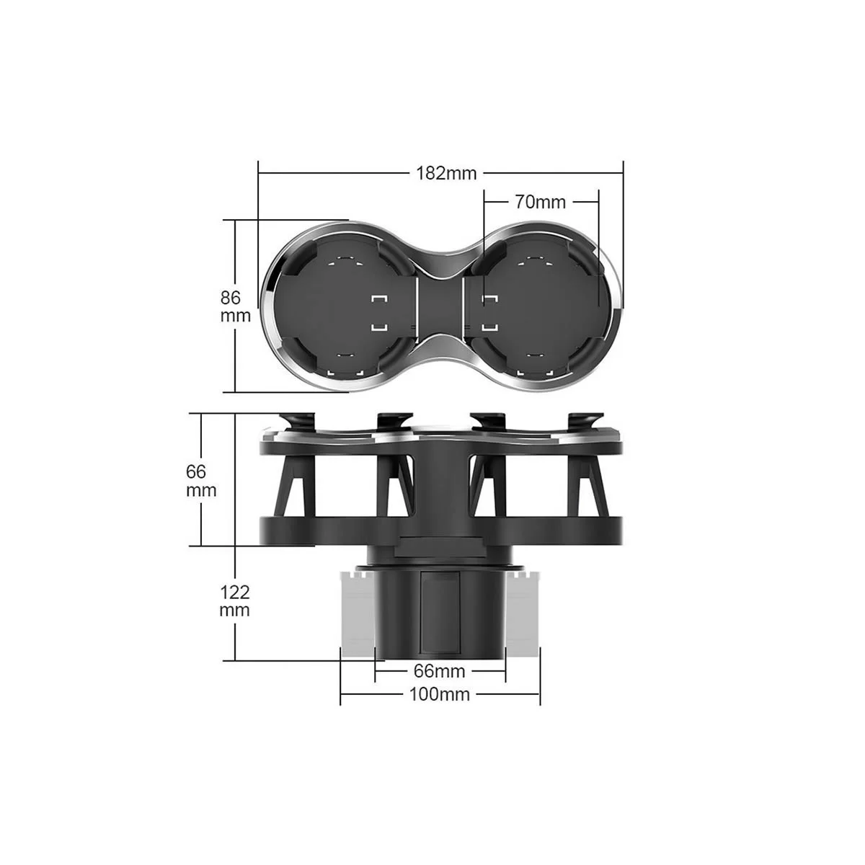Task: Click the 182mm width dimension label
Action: (x=445, y=173)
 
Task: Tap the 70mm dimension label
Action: (x=540, y=203)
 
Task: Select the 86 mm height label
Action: (x=235, y=306)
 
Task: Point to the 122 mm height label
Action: (x=234, y=601)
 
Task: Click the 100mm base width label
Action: (x=440, y=694)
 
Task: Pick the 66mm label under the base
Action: (x=440, y=671)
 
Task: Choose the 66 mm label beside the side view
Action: (x=201, y=481)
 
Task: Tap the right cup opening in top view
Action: (x=539, y=307)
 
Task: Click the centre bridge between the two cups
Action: (x=440, y=306)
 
